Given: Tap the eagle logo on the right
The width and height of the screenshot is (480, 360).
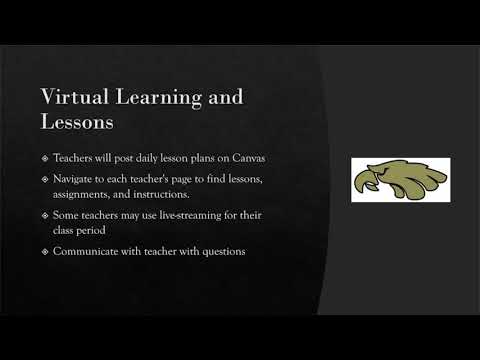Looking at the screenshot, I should (400, 180).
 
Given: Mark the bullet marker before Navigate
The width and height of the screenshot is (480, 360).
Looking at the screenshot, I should (45, 179).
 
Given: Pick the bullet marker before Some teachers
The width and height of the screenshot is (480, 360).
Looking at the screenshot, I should (45, 215).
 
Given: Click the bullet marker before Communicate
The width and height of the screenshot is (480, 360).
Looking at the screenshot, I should (45, 251).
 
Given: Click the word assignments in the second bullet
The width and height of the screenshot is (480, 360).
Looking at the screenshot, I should (81, 195).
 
